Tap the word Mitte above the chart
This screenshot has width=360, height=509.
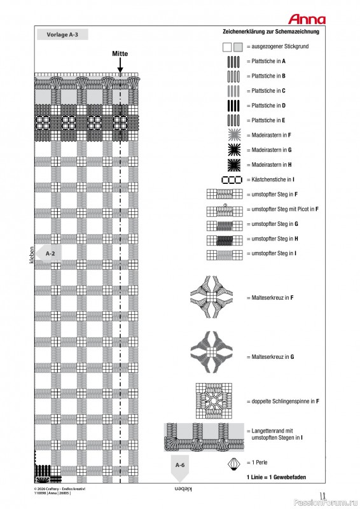(x=120, y=54)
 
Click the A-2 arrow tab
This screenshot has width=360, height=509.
(x=50, y=253)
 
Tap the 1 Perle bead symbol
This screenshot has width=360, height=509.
(x=235, y=462)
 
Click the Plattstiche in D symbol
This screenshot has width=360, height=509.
(x=233, y=106)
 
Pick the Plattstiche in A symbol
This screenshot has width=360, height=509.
(x=233, y=62)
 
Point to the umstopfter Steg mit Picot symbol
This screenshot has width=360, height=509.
(x=225, y=209)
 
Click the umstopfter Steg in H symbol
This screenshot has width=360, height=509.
(x=225, y=239)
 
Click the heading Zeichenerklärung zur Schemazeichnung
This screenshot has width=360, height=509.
(x=275, y=31)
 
